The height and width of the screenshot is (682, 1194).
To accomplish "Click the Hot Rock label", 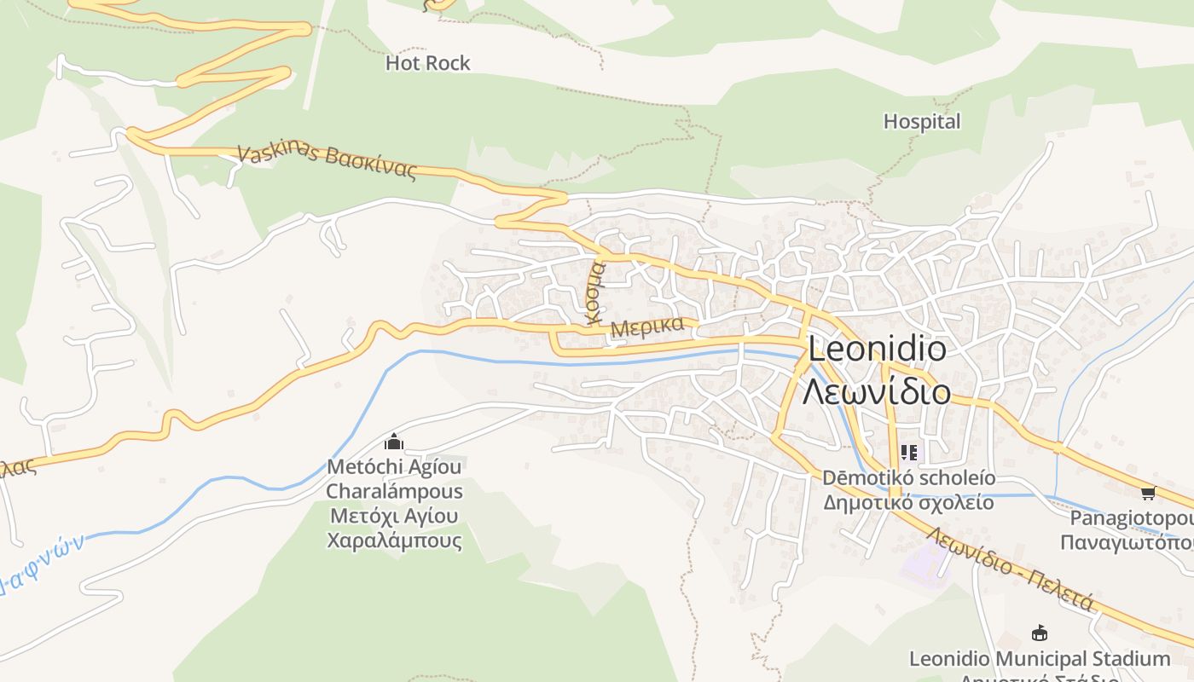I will click(427, 63).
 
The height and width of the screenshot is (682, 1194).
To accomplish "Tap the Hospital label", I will click(921, 122).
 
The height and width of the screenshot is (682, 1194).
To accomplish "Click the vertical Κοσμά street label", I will click(594, 292).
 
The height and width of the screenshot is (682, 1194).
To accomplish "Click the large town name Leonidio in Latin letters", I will click(877, 350).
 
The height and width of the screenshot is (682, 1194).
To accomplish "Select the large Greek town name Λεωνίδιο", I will click(877, 391).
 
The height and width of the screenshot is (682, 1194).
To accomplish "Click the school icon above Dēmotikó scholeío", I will click(908, 453).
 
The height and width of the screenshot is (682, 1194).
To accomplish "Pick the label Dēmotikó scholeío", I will click(908, 478).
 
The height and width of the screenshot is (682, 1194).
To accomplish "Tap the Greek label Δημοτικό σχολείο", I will click(908, 502).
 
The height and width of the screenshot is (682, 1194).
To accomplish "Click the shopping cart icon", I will click(1148, 493).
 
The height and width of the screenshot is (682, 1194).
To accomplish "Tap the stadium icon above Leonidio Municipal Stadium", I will click(1040, 633).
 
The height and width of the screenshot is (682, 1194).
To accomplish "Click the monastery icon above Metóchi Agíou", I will click(394, 442).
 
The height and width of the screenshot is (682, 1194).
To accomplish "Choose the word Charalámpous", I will click(394, 492).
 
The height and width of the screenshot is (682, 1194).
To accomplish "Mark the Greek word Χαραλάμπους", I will click(394, 540).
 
